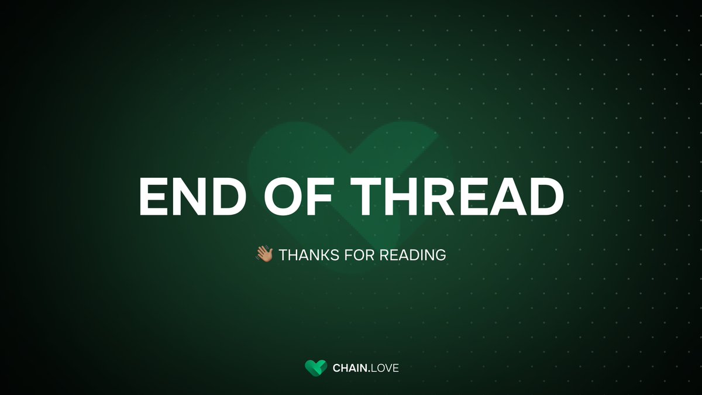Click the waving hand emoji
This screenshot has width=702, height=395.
264,255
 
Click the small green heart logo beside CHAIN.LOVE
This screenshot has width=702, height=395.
315,368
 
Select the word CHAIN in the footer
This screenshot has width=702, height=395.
349,369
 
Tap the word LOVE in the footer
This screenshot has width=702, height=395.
386,369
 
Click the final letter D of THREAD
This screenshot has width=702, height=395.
545,196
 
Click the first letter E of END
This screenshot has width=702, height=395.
154,196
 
